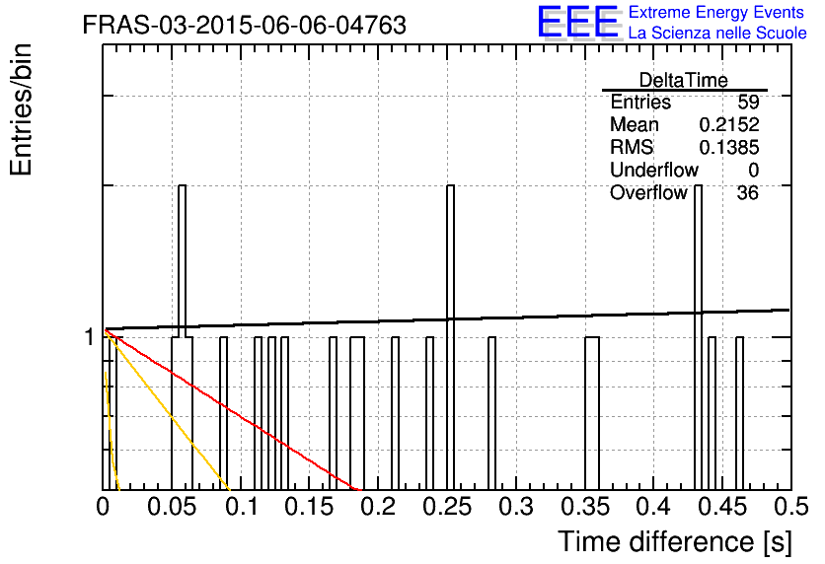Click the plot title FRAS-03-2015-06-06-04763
tap(244, 25)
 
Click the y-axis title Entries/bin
tap(21, 109)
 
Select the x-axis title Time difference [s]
tap(675, 542)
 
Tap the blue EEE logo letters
tap(578, 22)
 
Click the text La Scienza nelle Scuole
tap(717, 34)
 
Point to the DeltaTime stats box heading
tap(684, 80)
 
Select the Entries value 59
tap(748, 102)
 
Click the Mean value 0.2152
tap(729, 125)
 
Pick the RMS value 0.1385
tap(729, 148)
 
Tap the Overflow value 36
tap(748, 193)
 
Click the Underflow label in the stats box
tap(654, 170)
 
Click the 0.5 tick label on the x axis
tap(790, 507)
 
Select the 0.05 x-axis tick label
tap(172, 507)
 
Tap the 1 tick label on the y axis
tap(90, 337)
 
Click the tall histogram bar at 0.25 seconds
tap(450, 337)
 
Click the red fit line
tap(233, 410)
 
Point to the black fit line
tap(447, 319)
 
